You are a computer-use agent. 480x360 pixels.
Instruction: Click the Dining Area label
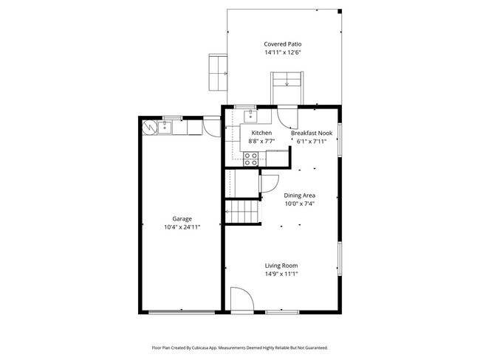click(300, 195)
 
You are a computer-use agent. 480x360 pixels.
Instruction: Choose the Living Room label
click(281, 266)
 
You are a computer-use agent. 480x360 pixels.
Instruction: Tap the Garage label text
click(182, 219)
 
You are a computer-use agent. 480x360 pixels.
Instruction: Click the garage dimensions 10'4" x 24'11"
click(182, 227)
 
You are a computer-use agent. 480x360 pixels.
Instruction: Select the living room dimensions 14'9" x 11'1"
click(281, 274)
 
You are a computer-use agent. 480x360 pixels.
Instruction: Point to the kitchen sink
click(251, 115)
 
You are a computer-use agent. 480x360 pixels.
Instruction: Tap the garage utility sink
click(164, 128)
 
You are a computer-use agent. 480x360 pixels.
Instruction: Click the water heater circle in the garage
click(150, 128)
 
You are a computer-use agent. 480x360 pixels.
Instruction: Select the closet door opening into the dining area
click(268, 183)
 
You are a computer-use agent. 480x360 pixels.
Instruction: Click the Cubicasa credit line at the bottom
click(240, 347)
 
